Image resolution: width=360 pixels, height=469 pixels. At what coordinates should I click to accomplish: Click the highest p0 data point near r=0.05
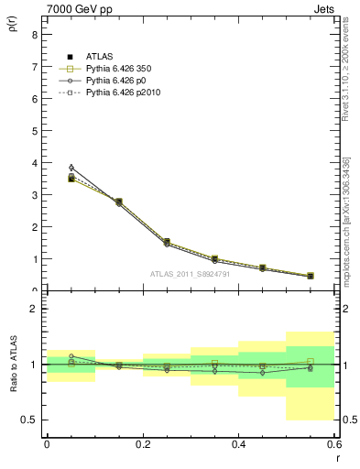point(71,168)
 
